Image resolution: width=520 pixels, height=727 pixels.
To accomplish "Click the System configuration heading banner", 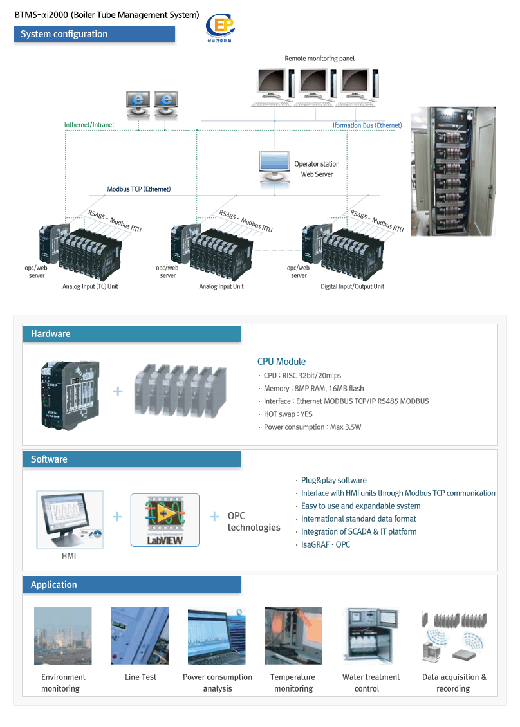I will pos(94,34).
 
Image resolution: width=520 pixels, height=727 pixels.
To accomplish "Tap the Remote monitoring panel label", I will pos(319,59).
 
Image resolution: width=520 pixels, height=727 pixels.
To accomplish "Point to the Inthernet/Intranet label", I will pos(89,124).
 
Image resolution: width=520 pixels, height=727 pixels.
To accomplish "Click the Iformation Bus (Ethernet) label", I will pos(367,125).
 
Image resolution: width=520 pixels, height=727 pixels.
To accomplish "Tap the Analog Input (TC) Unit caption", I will pos(90,286).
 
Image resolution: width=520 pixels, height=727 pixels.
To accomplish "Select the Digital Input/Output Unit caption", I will pos(352,286).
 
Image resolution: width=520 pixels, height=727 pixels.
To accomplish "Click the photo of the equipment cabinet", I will pos(453,171).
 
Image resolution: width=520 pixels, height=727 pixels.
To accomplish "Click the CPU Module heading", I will pos(281,362).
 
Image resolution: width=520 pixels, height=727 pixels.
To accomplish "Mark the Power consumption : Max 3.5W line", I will pos(312,427).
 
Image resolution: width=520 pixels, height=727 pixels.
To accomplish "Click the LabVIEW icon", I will pos(165,520).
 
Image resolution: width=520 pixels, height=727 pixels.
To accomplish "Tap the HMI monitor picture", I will pos(69,517).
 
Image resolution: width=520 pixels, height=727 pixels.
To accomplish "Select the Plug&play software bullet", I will pos(333,481).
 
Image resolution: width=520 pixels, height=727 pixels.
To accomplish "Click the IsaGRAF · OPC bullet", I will pos(325,545).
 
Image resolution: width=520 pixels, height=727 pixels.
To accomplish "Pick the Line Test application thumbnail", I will pos(140,636).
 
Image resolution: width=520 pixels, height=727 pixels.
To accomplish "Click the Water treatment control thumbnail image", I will pos(371,636).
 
